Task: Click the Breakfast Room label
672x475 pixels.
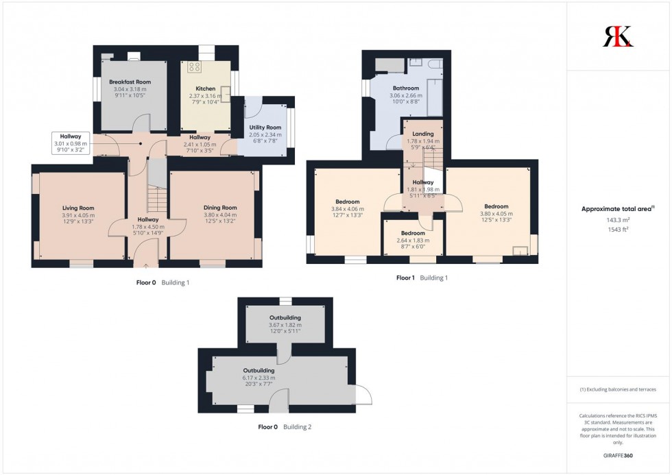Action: coord(130,82)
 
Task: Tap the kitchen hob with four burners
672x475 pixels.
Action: coord(193,67)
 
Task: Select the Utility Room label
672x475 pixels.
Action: coord(265,127)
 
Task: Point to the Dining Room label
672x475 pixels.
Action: coord(219,208)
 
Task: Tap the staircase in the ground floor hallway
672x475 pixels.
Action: coord(157,199)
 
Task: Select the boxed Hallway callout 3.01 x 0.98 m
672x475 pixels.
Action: coord(71,143)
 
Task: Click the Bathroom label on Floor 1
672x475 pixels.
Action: coord(405,88)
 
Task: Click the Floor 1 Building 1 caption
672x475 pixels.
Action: coord(422,278)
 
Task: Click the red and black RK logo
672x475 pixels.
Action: coord(618,36)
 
